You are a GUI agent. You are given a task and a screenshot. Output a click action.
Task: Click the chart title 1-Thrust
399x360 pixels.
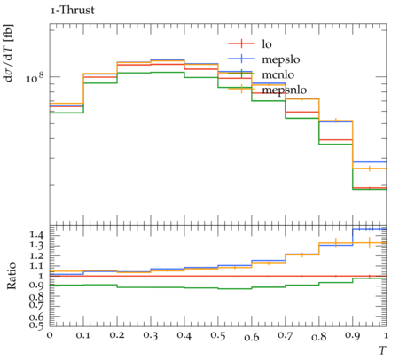tap(72, 11)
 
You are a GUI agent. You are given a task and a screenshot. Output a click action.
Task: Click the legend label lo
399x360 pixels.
tap(267, 44)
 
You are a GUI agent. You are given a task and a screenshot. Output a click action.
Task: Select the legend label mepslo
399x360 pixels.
tap(281, 60)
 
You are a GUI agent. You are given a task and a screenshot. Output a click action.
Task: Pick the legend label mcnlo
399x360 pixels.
tap(278, 74)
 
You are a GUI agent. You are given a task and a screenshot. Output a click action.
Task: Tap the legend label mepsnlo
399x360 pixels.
tap(285, 90)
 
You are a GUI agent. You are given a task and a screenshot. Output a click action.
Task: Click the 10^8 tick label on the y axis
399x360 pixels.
tap(35, 78)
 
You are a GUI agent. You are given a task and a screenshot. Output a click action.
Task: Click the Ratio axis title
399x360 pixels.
tap(12, 276)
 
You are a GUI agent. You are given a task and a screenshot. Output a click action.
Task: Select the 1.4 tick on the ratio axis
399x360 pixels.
tap(36, 236)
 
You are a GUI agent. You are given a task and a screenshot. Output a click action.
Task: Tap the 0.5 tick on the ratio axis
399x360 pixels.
tap(36, 325)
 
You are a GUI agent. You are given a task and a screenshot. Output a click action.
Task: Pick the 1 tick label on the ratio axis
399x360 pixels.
tap(41, 276)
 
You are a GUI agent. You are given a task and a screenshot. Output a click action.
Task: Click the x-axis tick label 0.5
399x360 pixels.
tap(218, 336)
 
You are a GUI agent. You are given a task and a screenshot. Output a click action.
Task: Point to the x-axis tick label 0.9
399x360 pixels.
tap(353, 336)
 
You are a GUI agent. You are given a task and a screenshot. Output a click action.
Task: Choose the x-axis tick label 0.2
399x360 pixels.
tap(117, 336)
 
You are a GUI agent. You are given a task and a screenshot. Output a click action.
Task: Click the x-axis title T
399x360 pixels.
tap(382, 350)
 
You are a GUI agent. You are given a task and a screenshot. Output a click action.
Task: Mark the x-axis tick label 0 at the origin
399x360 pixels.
tap(50, 336)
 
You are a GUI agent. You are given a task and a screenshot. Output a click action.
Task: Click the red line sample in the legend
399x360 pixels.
tap(241, 43)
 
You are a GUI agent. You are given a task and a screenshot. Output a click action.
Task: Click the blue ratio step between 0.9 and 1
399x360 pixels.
tap(370, 229)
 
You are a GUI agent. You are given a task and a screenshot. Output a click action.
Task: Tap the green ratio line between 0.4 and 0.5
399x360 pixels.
tap(201, 287)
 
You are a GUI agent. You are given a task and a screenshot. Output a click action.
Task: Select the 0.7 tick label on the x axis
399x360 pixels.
tap(286, 336)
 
